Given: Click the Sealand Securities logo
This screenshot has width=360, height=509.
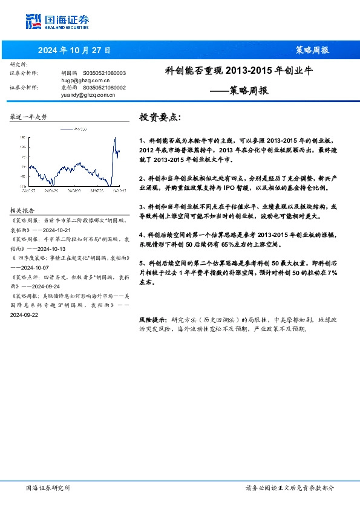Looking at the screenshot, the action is [57, 22].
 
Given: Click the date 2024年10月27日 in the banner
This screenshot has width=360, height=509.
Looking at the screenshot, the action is [74, 50].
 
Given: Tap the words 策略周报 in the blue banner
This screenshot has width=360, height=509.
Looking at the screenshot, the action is [312, 50].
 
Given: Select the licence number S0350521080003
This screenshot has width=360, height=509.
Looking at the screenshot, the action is [104, 73].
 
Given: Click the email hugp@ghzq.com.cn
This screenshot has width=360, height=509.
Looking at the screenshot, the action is [85, 80].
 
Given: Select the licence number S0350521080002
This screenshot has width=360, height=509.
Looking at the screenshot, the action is [104, 87].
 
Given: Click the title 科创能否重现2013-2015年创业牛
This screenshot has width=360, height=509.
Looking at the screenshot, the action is [239, 70].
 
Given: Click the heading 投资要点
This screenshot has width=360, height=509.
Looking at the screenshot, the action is [160, 116].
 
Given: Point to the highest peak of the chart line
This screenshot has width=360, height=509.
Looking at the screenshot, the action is [115, 138].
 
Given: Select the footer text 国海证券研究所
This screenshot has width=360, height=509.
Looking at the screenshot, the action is [48, 488].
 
